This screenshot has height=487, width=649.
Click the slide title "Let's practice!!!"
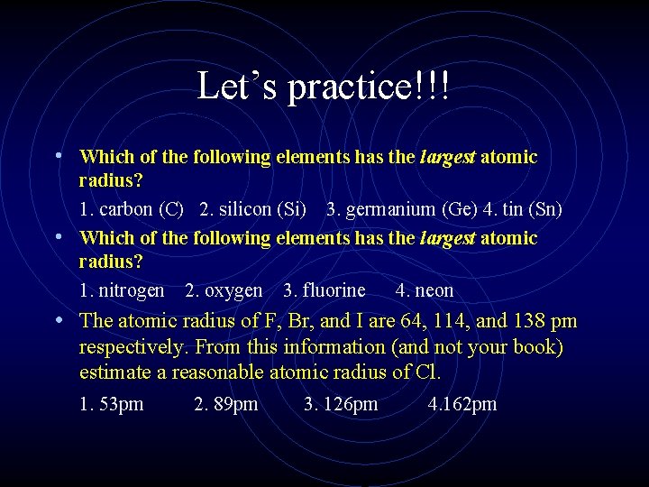point(324,87)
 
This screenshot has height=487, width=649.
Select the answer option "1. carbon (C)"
point(132,210)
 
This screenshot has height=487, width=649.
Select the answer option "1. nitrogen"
point(122,290)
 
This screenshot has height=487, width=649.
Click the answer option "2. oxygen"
point(224,290)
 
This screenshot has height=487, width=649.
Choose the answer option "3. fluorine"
point(324,290)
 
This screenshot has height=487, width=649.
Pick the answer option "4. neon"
point(425,290)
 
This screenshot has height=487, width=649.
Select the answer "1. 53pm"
point(112,404)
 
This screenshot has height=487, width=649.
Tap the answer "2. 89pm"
point(226,404)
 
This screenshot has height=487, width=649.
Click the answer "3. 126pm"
point(341,404)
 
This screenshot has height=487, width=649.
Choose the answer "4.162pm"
point(462,404)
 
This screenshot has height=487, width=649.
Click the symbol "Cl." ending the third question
point(428,372)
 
